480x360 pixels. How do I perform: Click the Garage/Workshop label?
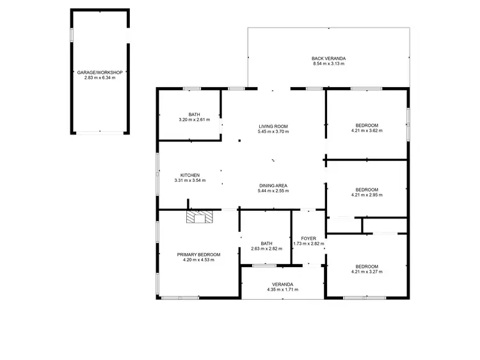(99, 72)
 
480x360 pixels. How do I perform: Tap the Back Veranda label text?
(328, 58)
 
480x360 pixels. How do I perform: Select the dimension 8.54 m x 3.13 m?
(328, 64)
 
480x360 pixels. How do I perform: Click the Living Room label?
(273, 126)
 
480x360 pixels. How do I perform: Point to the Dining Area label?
(273, 186)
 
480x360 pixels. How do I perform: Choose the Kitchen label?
(190, 175)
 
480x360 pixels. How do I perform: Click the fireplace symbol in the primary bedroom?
(198, 217)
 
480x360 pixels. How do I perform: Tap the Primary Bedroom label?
(198, 254)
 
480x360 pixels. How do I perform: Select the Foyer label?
(308, 238)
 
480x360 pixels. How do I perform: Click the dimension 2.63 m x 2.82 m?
(266, 249)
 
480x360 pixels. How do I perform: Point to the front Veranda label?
(282, 284)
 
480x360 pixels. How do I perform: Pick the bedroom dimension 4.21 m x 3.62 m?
(367, 131)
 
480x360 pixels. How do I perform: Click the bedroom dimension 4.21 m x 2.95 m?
(367, 195)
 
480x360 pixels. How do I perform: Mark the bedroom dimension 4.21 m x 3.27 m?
(367, 272)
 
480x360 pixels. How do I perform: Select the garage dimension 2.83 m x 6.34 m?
(99, 78)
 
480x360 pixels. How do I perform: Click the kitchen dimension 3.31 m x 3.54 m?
(190, 181)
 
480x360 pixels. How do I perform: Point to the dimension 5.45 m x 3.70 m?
(273, 132)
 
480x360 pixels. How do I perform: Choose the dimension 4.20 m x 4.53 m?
(198, 260)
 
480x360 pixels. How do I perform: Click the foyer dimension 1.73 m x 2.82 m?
(308, 244)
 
